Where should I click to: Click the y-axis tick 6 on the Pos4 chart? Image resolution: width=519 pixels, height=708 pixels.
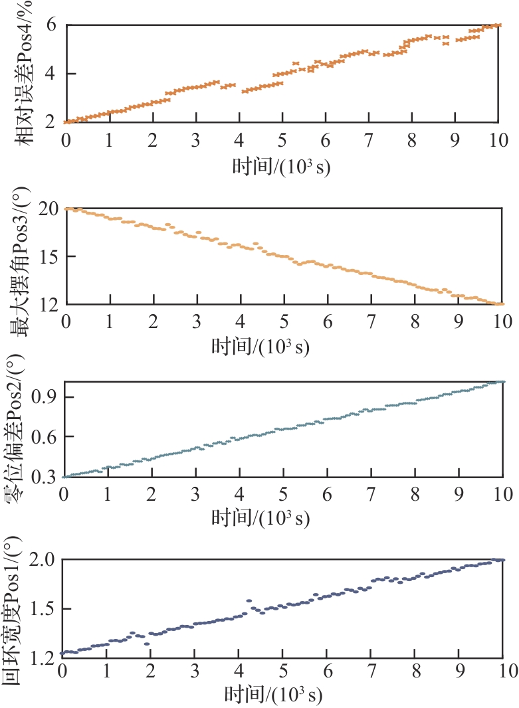coord(51,25)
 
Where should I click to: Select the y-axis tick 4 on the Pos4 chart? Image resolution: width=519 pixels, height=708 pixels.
coord(51,74)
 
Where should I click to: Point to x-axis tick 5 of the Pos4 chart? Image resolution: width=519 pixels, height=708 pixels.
coord(282,140)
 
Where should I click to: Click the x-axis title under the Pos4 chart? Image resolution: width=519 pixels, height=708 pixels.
coord(282,165)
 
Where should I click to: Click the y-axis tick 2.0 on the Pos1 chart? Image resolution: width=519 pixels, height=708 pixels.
coord(47,560)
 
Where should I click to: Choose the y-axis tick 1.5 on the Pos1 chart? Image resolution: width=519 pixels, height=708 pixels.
coord(47,609)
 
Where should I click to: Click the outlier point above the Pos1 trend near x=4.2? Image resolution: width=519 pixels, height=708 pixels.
coord(249,600)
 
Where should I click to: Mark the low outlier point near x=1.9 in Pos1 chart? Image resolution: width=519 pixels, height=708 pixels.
coord(146,644)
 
